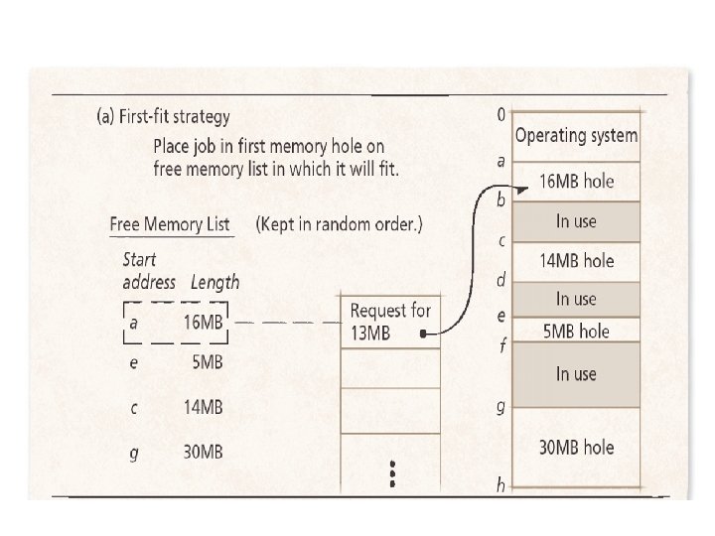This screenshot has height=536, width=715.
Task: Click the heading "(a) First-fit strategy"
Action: [x=163, y=116]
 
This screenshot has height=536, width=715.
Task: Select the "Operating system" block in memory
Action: [x=576, y=136]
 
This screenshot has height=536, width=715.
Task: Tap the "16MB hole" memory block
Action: [x=576, y=181]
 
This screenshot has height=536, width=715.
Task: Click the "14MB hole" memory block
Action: [x=576, y=261]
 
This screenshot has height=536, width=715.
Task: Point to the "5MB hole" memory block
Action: [x=576, y=331]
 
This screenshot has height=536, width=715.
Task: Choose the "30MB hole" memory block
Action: [x=576, y=448]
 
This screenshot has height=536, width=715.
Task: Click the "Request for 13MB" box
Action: [x=389, y=322]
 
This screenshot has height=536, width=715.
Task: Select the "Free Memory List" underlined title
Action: [x=170, y=224]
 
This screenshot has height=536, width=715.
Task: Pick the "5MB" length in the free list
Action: [x=207, y=362]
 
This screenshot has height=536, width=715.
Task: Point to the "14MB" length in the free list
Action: [x=203, y=407]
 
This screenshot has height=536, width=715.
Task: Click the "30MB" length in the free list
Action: [x=203, y=452]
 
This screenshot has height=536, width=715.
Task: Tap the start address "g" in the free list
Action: [x=132, y=453]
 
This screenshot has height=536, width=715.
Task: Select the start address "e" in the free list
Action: [x=132, y=362]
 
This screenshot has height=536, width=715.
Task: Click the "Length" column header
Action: [x=214, y=283]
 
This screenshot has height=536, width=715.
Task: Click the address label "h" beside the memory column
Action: [x=501, y=485]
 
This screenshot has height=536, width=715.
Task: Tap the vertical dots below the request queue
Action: [x=392, y=473]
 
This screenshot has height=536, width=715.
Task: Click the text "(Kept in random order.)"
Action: [x=340, y=224]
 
